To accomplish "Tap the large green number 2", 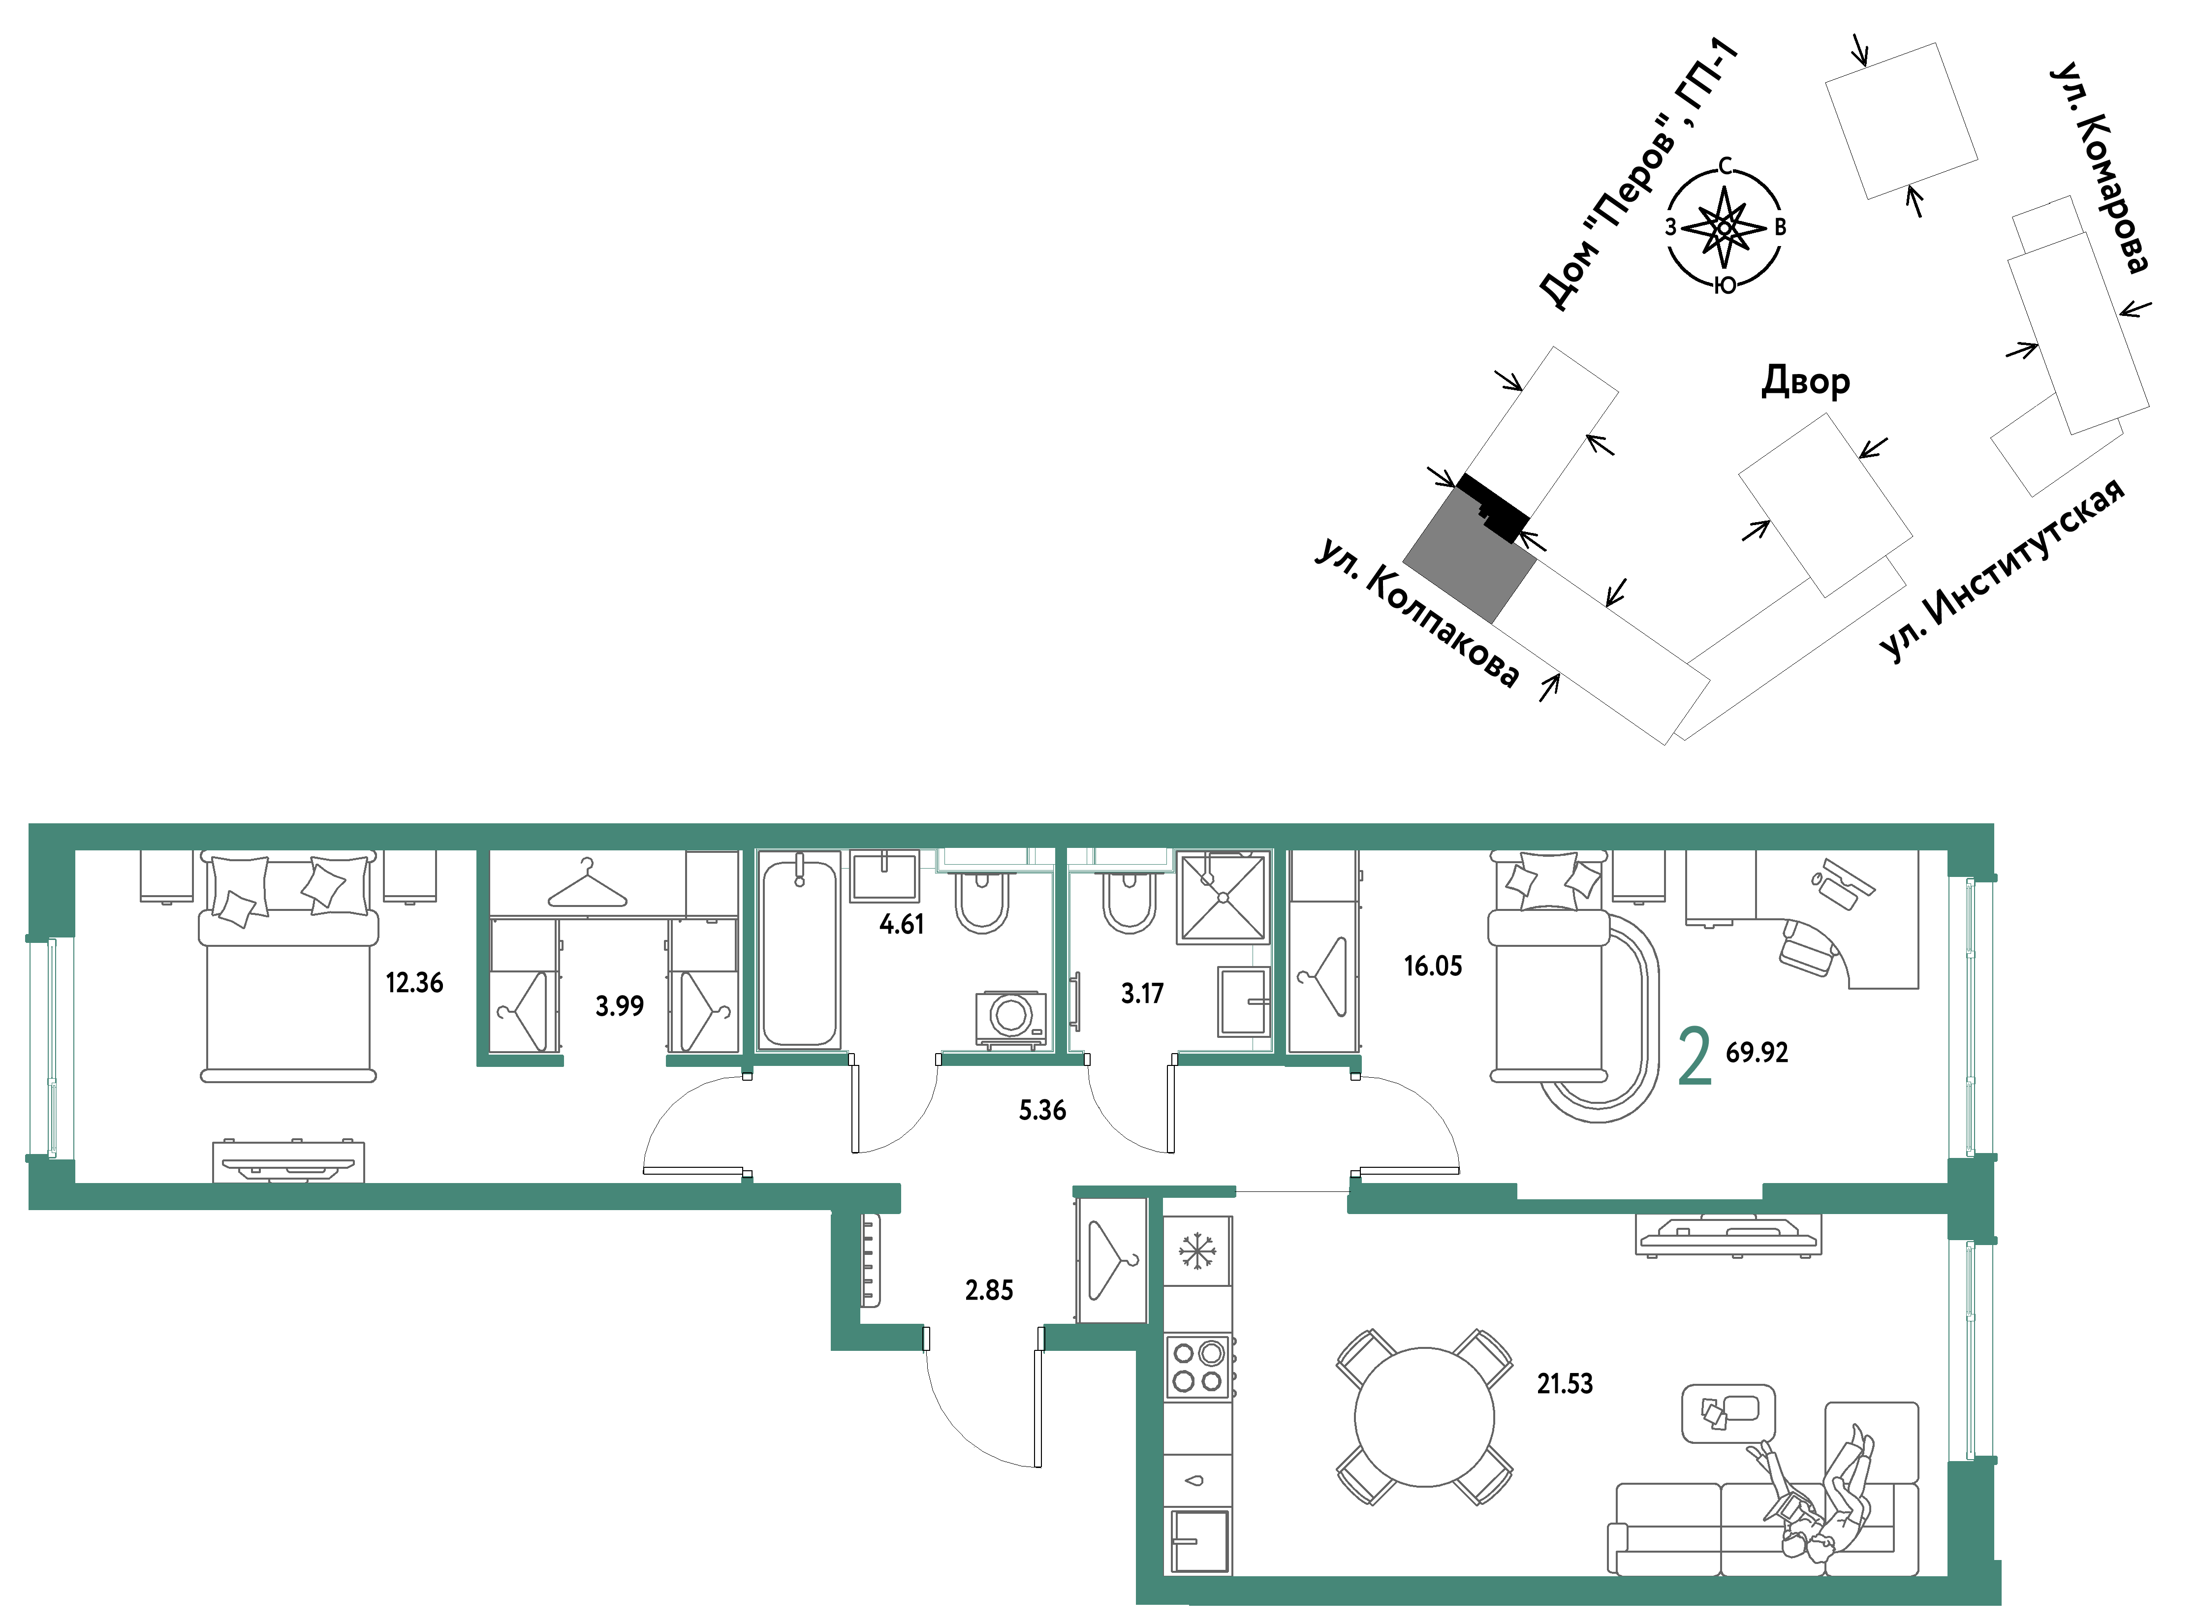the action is point(1695,1056).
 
